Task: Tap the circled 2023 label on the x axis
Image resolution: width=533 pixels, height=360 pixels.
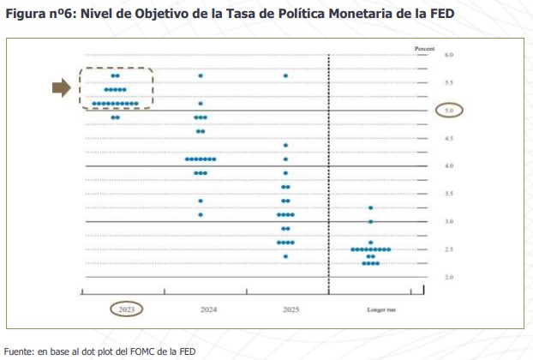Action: pyautogui.click(x=126, y=308)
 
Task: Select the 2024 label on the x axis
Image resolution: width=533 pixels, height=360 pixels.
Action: pyautogui.click(x=208, y=308)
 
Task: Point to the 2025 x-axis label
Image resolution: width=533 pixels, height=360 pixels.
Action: pyautogui.click(x=290, y=308)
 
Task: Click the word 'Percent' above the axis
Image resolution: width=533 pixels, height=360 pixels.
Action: pyautogui.click(x=425, y=48)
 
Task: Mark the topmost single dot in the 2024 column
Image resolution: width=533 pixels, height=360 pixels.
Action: pyautogui.click(x=201, y=76)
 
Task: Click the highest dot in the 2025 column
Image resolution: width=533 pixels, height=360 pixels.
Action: pyautogui.click(x=285, y=76)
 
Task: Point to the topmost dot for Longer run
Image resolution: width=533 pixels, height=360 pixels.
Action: pyautogui.click(x=370, y=207)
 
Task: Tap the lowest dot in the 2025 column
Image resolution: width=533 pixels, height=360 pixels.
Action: pyautogui.click(x=285, y=256)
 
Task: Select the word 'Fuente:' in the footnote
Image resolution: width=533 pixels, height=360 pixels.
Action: pyautogui.click(x=18, y=351)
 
